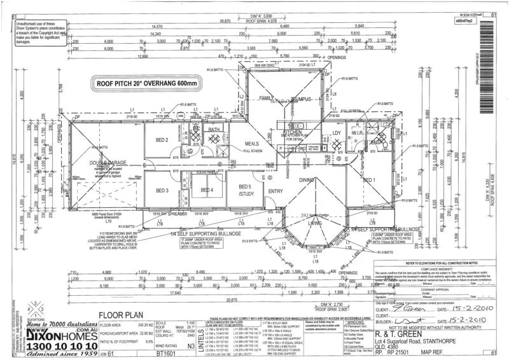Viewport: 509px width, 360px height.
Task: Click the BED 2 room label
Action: tap(162, 140)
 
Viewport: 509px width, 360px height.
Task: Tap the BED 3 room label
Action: tap(162, 190)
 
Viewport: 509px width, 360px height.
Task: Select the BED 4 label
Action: tap(207, 190)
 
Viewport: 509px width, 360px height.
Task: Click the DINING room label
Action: tap(307, 180)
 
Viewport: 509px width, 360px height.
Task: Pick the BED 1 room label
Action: tap(370, 180)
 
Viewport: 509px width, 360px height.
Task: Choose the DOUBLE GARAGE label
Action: tap(96, 163)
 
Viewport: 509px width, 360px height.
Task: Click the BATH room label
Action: tap(213, 130)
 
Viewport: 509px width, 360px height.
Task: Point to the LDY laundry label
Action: tap(337, 133)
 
